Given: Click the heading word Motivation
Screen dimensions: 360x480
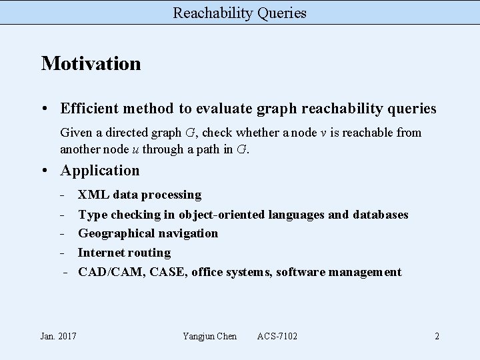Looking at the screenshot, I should coord(91,64).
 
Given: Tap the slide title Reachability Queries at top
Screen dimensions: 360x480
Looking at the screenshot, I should coord(240,12).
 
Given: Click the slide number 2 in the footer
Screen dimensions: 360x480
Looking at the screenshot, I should coord(437,336).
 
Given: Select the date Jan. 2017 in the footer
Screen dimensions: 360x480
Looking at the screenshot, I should coord(59,336).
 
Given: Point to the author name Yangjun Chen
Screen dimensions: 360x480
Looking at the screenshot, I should coord(209,336).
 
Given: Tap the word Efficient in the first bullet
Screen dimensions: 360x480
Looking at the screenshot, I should coord(88,108).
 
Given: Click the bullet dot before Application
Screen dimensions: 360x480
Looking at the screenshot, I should coord(45,171).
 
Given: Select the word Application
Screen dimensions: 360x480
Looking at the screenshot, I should coord(100,171).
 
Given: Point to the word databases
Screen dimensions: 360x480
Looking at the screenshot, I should coord(380,214).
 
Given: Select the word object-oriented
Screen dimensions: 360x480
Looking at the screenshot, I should coord(221,214).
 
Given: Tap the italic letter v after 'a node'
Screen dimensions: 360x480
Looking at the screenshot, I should coord(323,133).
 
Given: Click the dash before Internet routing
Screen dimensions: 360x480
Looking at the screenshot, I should coord(62,253).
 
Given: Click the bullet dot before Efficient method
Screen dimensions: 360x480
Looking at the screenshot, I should coord(45,108).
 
